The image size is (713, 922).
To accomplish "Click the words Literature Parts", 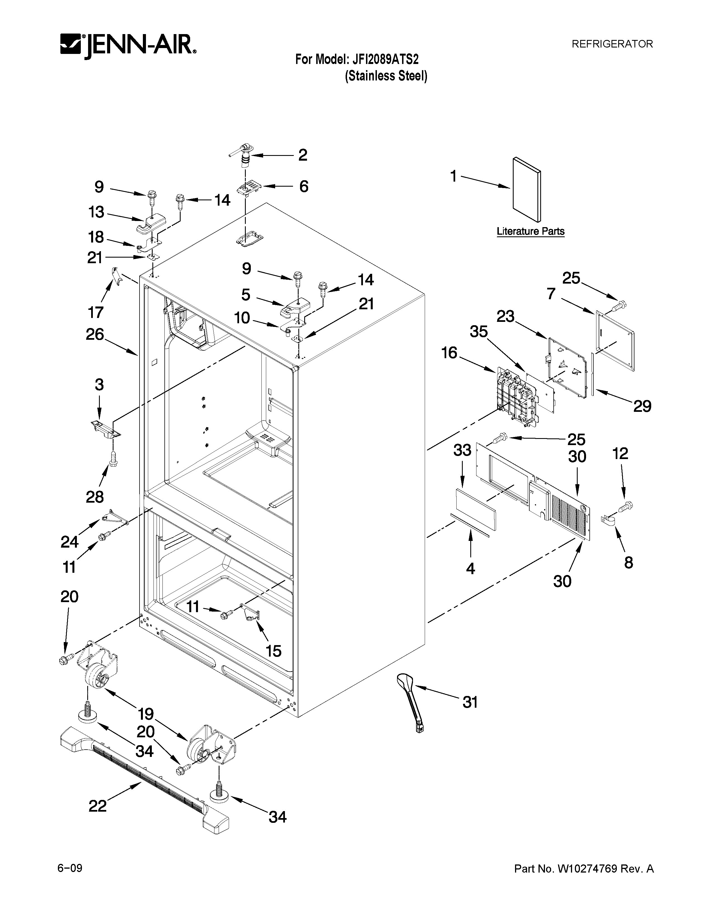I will coord(530,231).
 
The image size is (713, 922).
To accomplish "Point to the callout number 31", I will coord(470,702).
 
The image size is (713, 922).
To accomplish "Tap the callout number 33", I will coord(462,450).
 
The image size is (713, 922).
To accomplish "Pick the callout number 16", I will coord(449,353).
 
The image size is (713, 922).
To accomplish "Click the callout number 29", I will coord(642,406).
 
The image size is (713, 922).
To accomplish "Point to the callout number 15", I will coord(273,651).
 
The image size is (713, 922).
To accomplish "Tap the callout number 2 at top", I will coord(303,155).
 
